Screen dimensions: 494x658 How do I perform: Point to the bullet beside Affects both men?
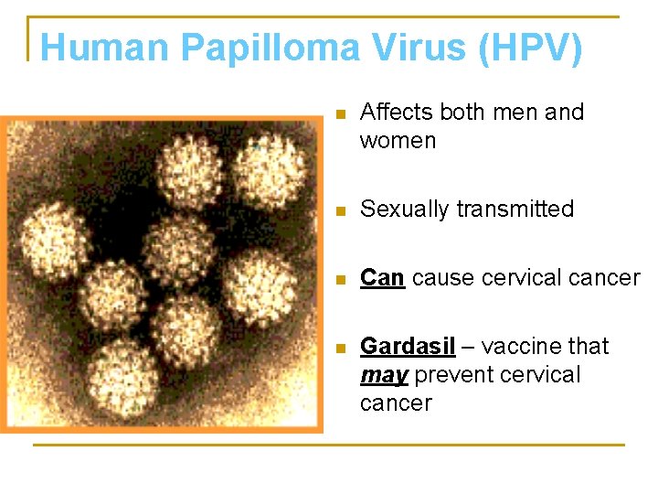[340, 114]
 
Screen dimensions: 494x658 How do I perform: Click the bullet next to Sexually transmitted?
[340, 210]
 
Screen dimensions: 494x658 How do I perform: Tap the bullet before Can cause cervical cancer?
[340, 279]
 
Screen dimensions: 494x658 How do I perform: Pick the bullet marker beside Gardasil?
[340, 348]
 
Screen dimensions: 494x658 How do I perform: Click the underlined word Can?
[382, 278]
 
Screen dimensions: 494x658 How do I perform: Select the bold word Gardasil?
[407, 347]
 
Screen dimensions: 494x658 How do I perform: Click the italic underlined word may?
[383, 376]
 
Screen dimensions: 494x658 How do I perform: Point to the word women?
[398, 141]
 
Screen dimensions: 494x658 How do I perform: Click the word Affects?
[397, 113]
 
